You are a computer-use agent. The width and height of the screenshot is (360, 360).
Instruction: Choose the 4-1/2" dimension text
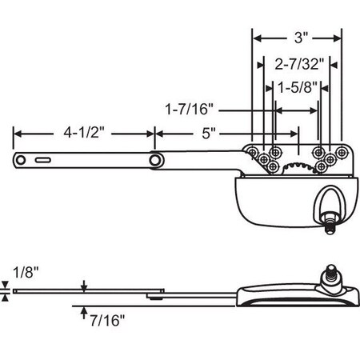coord(82,133)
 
